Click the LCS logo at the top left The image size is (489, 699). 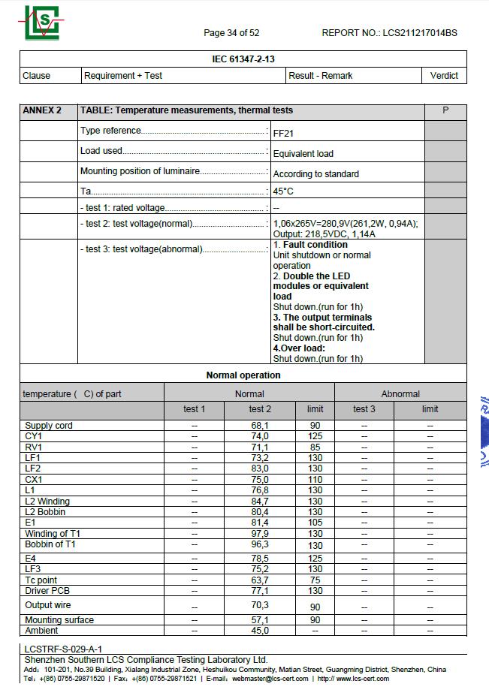pos(41,23)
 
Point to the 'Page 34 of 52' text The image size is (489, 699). pos(231,33)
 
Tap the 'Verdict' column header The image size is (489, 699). pos(444,76)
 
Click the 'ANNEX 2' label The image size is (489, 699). pos(42,110)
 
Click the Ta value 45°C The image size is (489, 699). pos(283,191)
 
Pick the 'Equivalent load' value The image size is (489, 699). pos(303,154)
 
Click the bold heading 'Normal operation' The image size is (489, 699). pos(243,375)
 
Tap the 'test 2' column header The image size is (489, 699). pos(260,409)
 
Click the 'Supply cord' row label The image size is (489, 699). pos(49,426)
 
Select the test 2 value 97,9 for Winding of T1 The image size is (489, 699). pos(260,534)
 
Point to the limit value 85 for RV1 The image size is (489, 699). pos(315,447)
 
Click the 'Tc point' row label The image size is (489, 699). pos(41,580)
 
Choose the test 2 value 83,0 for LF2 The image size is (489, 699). pos(260,469)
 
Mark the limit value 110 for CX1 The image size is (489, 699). pos(315,480)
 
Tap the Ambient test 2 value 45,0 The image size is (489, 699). pos(260,631)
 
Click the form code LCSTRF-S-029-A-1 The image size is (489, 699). pos(63,649)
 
